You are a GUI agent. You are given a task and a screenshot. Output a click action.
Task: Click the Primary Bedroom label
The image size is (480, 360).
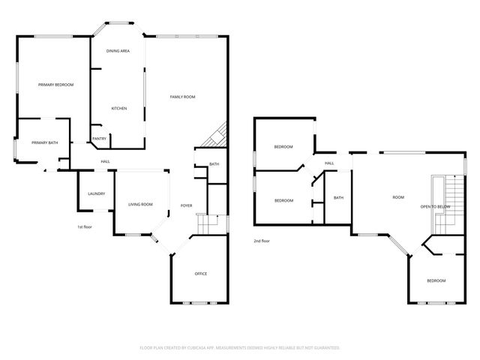pos(56,85)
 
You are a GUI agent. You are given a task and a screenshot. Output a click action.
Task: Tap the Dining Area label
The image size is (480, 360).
pos(118,50)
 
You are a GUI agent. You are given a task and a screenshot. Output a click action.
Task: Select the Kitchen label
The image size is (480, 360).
pos(119,109)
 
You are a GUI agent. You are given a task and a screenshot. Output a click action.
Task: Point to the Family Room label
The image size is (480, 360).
pos(182,97)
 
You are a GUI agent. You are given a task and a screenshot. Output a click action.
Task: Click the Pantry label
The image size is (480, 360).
pos(99,139)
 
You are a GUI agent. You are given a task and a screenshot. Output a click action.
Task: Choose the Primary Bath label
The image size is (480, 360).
pos(44,142)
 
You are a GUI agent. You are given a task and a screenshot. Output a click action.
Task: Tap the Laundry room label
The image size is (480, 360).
pos(96,194)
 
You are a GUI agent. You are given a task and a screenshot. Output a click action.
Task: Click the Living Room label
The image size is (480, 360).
pos(140,204)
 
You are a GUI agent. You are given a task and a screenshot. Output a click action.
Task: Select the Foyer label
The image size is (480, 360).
pos(187,205)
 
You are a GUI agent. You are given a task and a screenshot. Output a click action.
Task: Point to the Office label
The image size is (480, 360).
pos(200,274)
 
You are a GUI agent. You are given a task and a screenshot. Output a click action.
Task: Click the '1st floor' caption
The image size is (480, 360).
pos(84,226)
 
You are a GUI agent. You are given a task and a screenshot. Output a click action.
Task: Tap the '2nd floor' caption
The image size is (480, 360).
pos(261,241)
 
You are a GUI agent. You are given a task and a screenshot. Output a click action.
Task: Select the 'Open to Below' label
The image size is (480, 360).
pos(435,206)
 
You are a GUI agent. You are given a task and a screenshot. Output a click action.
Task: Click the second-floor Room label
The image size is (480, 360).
pos(398,197)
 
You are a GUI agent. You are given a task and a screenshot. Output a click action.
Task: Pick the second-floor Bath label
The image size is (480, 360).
pos(338,198)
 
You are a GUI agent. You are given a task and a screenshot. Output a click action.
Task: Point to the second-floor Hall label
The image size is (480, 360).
pos(329,163)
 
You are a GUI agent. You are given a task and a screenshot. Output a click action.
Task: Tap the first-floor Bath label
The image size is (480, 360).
pos(214,164)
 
